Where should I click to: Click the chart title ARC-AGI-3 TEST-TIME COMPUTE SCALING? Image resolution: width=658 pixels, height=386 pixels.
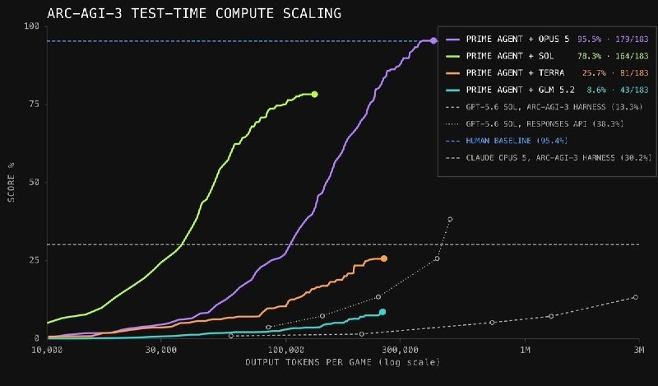pyautogui.click(x=194, y=13)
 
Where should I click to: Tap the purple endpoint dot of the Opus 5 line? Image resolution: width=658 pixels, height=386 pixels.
pyautogui.click(x=433, y=41)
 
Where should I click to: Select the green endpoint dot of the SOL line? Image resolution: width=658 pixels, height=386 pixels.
pyautogui.click(x=314, y=95)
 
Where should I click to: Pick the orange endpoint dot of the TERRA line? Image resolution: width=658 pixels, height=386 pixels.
pyautogui.click(x=383, y=258)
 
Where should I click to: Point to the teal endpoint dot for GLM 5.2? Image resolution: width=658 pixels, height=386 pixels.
pyautogui.click(x=382, y=312)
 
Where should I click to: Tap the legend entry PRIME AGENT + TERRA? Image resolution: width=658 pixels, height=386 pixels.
pyautogui.click(x=515, y=73)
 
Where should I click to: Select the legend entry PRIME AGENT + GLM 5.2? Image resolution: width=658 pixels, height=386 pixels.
pyautogui.click(x=521, y=90)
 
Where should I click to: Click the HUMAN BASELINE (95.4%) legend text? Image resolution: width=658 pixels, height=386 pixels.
pyautogui.click(x=517, y=141)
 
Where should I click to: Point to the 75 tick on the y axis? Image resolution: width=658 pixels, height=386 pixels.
pyautogui.click(x=33, y=105)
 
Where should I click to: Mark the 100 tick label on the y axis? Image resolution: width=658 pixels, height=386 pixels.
pyautogui.click(x=31, y=26)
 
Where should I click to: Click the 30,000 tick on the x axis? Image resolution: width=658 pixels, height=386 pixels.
pyautogui.click(x=161, y=350)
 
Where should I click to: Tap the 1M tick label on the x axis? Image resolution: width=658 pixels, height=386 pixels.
pyautogui.click(x=525, y=350)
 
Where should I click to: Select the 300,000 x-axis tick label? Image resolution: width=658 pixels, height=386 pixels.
pyautogui.click(x=400, y=350)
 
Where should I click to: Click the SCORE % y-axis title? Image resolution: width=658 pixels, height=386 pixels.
pyautogui.click(x=12, y=182)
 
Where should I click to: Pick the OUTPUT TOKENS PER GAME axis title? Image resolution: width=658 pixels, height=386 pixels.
pyautogui.click(x=308, y=362)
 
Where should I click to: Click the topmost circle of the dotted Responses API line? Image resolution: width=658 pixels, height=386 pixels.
pyautogui.click(x=450, y=219)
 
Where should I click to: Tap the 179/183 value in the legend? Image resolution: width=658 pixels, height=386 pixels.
pyautogui.click(x=632, y=39)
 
